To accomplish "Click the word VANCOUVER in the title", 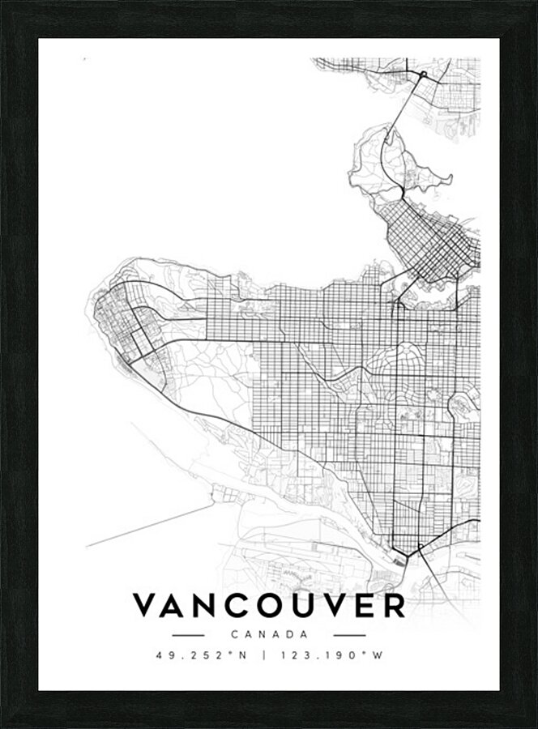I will [x=269, y=605].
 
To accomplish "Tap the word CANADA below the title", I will [x=269, y=635].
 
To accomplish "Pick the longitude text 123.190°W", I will [x=330, y=655].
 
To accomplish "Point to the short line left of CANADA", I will [x=188, y=635].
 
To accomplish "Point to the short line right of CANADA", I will [x=350, y=635].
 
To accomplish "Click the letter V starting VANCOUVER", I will [x=145, y=605].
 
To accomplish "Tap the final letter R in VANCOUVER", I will [x=393, y=605].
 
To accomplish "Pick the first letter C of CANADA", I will [x=233, y=635].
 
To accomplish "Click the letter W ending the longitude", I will [x=377, y=655].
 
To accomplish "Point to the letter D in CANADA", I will [x=288, y=635].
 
